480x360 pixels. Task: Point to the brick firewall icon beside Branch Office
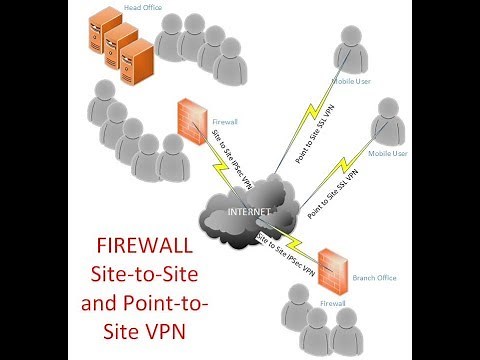pos(331,263)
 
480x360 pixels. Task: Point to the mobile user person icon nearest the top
pos(348,44)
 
